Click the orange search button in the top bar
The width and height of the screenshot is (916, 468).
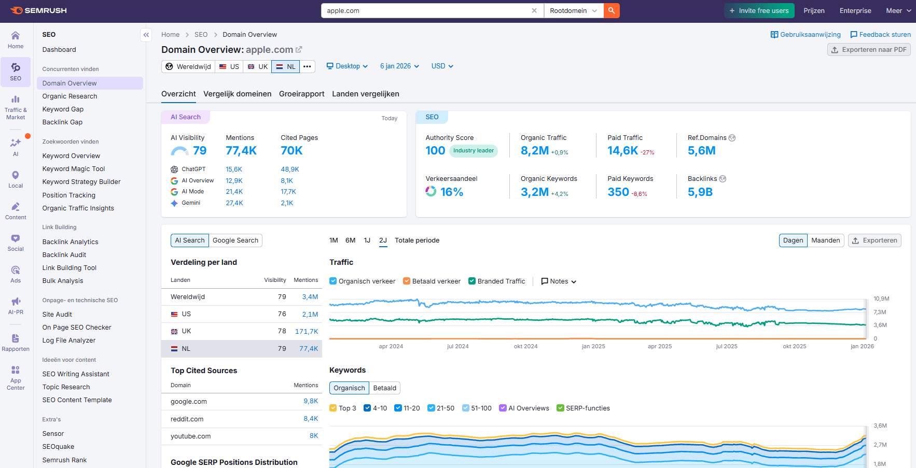[612, 10]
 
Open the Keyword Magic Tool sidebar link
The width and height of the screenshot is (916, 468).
[74, 169]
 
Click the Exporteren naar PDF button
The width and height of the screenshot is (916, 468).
[869, 50]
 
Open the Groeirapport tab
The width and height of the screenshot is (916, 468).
[301, 94]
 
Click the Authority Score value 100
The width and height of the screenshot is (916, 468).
[435, 151]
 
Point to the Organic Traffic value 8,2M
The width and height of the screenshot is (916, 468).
[534, 151]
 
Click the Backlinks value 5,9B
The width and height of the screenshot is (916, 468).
[700, 192]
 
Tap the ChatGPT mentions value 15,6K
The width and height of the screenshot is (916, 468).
[234, 169]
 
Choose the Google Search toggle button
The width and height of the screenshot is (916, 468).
[235, 240]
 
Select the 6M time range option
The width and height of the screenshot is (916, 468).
[350, 240]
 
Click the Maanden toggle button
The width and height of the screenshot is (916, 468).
[825, 240]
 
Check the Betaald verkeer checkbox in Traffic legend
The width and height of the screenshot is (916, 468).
[407, 281]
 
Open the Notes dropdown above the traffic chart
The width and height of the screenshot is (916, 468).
[559, 281]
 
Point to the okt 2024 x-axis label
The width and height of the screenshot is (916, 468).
[525, 346]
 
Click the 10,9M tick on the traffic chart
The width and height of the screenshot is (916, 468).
[881, 299]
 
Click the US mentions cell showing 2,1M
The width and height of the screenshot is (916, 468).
[310, 314]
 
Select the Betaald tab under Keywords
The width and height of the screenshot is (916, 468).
[384, 388]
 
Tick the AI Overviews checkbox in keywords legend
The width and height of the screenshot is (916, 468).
[503, 408]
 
